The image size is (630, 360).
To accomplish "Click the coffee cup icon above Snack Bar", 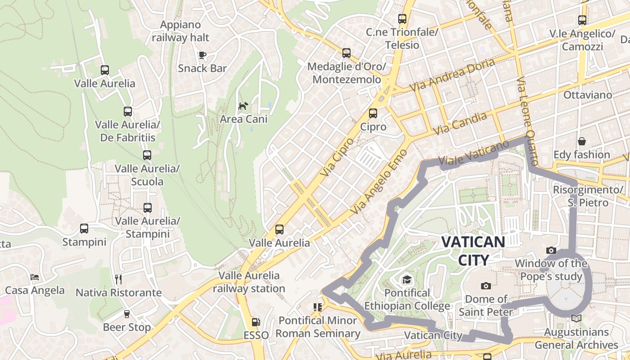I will pos(202,55).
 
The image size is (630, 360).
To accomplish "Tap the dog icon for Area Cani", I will pos(243,106).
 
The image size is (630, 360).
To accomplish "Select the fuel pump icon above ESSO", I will pos(256,322).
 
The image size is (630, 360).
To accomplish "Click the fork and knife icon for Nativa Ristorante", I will pos(118,279).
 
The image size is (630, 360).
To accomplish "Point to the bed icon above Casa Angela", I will pos(35,277).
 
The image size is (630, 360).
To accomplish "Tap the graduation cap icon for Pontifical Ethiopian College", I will pos(407,280).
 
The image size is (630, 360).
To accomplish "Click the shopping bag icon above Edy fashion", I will pos(581,141).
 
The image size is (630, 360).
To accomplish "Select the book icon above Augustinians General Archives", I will pos(576,319).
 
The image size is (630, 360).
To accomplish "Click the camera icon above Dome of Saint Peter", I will pos(486,286).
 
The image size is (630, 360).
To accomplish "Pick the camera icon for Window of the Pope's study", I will pos(551,250).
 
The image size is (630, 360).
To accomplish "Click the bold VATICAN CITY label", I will pos(473,251).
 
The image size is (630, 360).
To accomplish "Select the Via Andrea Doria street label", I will pos(452,74).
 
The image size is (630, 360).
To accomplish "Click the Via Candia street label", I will pos(460,123).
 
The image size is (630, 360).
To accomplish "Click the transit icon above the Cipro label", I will pos(373,113).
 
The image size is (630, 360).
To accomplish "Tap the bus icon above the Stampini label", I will pos(84,229).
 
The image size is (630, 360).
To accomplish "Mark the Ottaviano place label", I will pos(588,95).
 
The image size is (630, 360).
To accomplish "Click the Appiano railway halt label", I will pos(180,31).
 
